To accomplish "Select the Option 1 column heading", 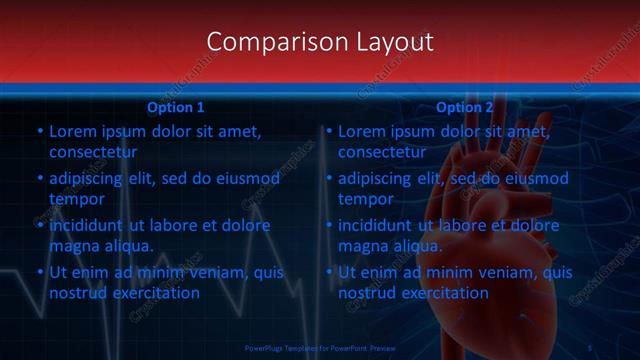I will click(x=176, y=107).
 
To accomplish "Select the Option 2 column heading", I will click(x=465, y=107).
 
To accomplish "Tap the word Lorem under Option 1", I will click(x=72, y=131).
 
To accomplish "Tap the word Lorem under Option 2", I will click(x=361, y=131).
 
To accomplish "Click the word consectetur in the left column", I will click(x=93, y=152).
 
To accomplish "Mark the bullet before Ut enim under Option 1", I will click(x=39, y=272).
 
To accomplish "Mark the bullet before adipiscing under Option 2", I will click(x=328, y=178).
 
